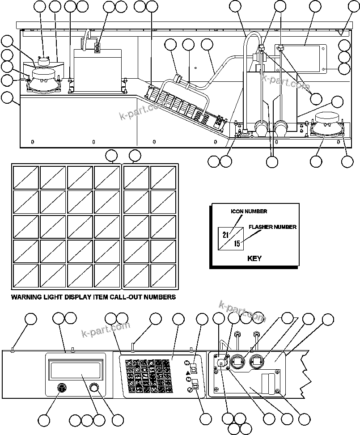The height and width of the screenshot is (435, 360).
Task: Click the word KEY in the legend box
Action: [x=254, y=258]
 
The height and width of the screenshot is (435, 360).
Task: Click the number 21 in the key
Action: [x=225, y=235]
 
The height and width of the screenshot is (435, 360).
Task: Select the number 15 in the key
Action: [x=237, y=244]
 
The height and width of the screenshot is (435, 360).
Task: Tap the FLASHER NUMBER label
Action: [x=272, y=227]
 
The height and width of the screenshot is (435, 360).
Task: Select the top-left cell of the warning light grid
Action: [x=26, y=177]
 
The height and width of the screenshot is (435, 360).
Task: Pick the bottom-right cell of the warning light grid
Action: [x=163, y=276]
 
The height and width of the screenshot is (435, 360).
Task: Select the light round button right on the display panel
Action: [x=95, y=388]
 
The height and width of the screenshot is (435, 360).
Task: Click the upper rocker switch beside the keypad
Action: [x=193, y=368]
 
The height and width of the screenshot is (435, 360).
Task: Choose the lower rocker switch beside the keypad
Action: [x=195, y=384]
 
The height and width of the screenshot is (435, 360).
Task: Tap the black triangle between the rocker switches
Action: [x=187, y=372]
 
